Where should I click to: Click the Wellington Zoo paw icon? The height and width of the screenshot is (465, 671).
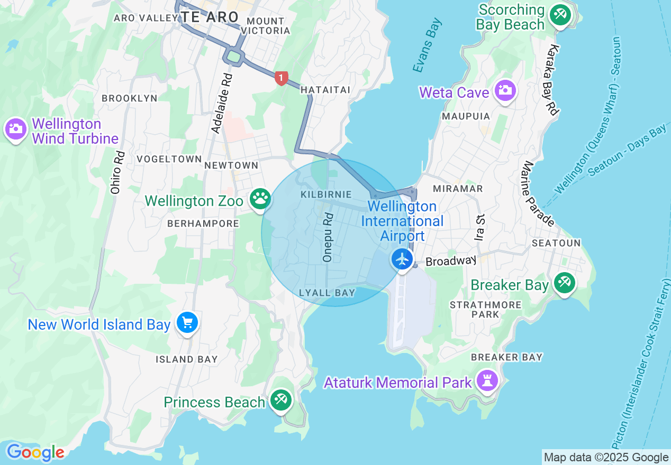[x=260, y=199]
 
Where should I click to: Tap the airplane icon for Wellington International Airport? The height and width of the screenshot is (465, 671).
[x=403, y=259]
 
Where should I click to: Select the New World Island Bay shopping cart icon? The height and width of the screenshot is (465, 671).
[x=187, y=322]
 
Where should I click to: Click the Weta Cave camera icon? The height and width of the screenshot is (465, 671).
[x=505, y=90]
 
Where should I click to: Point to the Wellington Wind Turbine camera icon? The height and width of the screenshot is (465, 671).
[x=16, y=128]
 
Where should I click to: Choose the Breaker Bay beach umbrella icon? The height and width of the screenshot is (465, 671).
[x=564, y=283]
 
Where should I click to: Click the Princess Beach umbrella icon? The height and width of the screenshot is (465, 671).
[x=280, y=400]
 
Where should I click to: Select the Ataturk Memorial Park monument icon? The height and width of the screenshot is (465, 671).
[x=486, y=380]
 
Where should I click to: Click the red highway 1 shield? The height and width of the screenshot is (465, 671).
[x=281, y=78]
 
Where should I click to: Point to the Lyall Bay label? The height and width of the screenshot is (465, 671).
[x=327, y=293]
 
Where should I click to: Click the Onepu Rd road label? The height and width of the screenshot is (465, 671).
[x=328, y=237]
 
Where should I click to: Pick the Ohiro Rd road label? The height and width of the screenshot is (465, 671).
[x=118, y=172]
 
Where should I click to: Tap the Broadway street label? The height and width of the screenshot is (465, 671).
[x=451, y=261]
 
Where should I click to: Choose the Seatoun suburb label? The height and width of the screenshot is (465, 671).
[x=556, y=243]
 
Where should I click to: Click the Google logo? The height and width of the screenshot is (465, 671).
[x=35, y=452]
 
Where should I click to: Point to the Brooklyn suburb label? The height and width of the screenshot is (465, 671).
[x=130, y=98]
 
